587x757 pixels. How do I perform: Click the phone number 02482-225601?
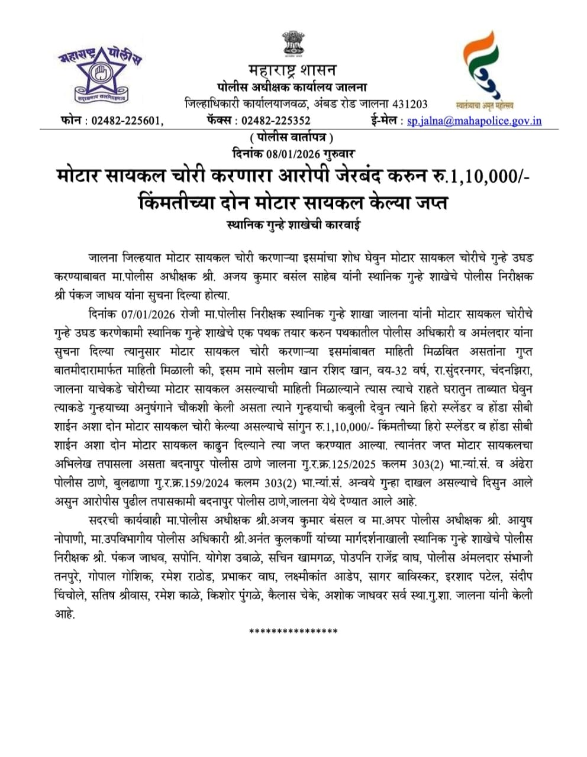(125, 121)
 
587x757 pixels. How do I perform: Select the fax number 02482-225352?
(276, 121)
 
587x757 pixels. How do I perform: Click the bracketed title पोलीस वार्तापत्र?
(292, 138)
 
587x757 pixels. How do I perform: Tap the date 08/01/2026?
(293, 153)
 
